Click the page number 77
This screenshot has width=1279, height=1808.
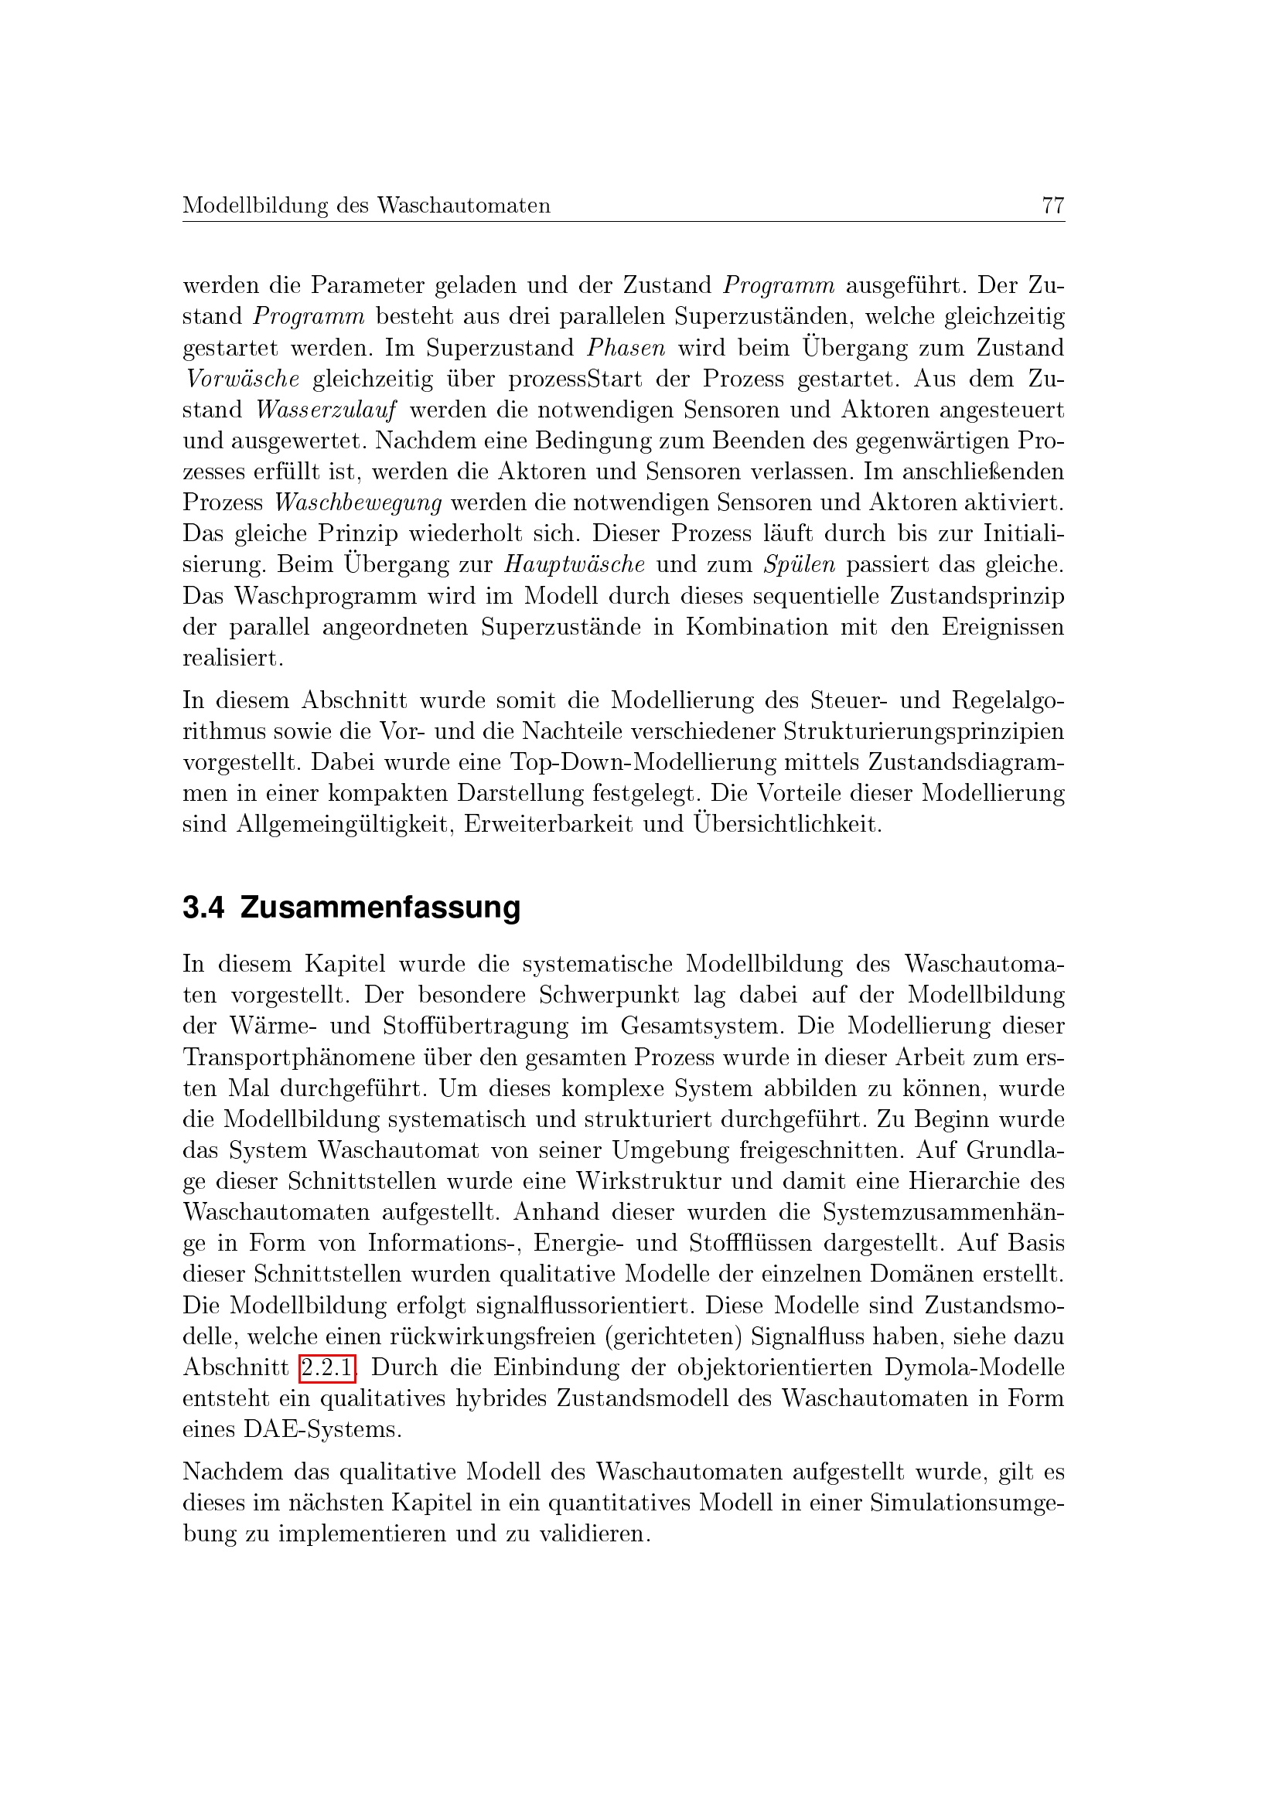click(x=1052, y=206)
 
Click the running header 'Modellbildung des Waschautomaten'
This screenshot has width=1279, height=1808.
click(x=367, y=206)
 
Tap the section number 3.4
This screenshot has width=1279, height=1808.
click(x=203, y=907)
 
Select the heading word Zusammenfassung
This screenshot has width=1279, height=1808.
click(x=380, y=907)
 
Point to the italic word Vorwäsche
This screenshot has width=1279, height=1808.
click(x=242, y=379)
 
